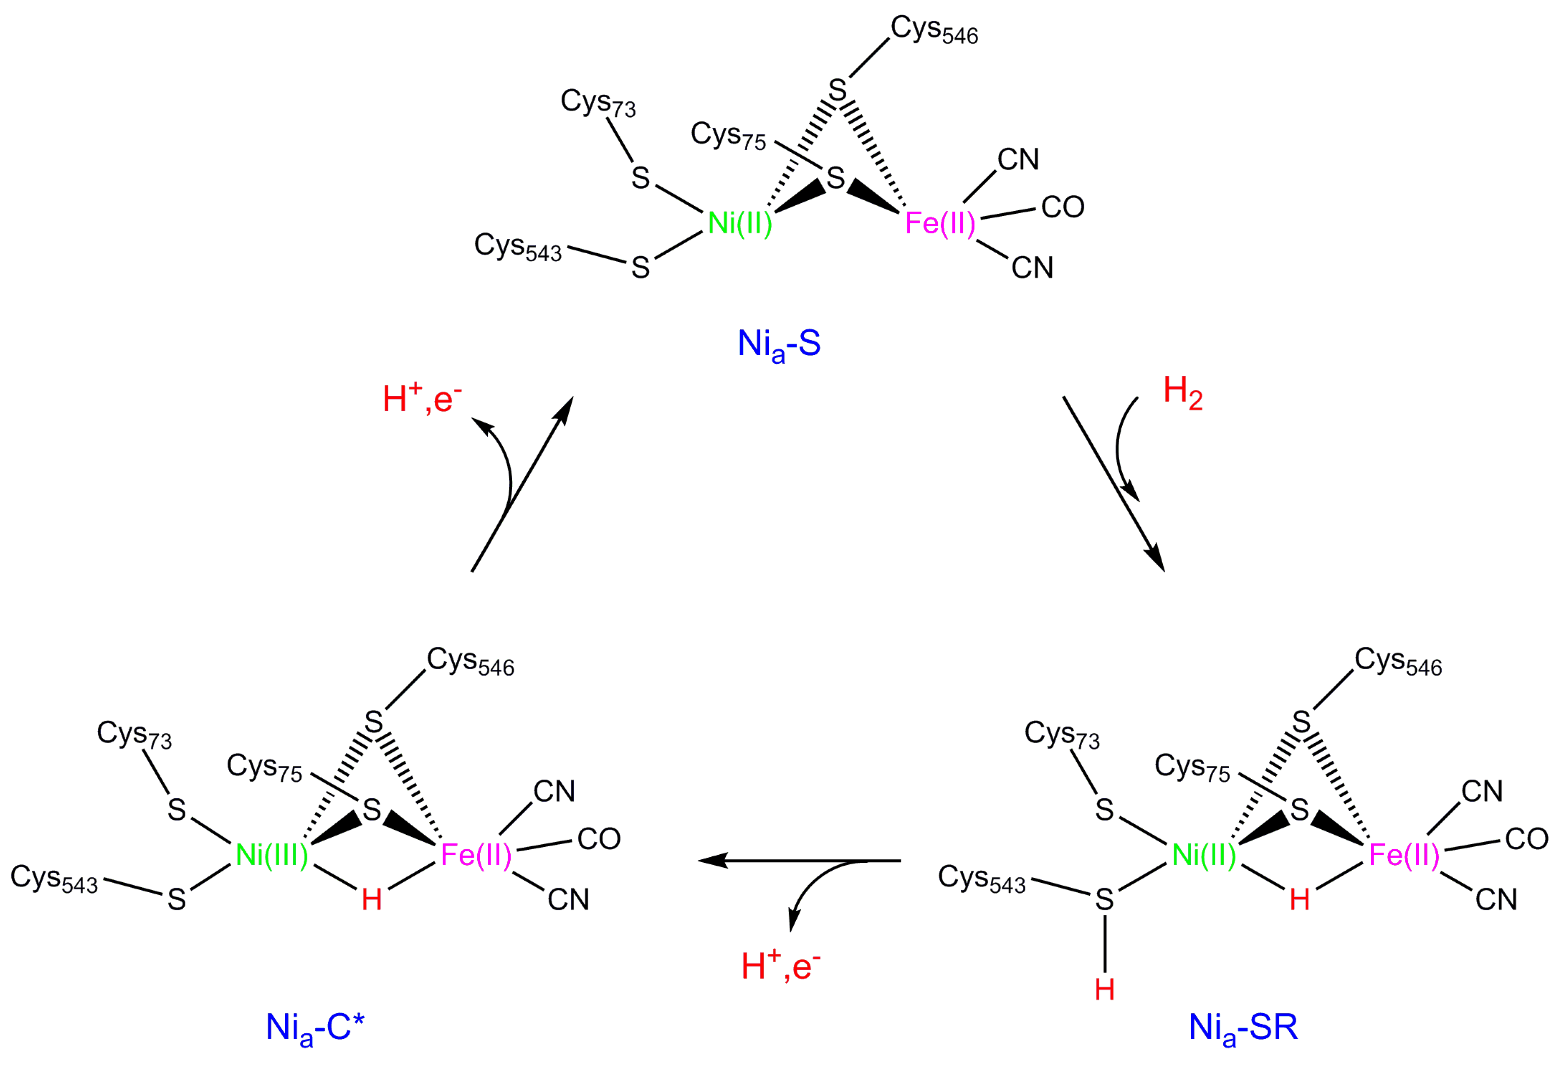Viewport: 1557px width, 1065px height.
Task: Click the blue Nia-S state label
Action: point(778,344)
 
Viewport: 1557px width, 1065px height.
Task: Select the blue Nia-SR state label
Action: point(1243,1027)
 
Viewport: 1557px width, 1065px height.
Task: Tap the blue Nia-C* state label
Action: point(315,1027)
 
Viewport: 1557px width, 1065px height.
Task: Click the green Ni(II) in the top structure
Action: point(740,223)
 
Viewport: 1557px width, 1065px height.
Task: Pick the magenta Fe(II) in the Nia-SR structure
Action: point(1404,855)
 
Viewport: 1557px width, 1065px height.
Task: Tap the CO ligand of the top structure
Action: point(1062,208)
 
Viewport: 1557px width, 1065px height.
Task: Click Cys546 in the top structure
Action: point(934,30)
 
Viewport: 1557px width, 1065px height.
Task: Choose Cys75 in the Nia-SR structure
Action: point(1193,767)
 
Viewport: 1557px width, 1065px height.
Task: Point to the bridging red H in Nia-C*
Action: point(372,900)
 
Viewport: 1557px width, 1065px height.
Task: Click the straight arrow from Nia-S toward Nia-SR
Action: point(1113,483)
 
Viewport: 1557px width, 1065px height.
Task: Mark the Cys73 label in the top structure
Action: point(598,103)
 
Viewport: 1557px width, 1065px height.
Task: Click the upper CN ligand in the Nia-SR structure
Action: point(1482,791)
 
